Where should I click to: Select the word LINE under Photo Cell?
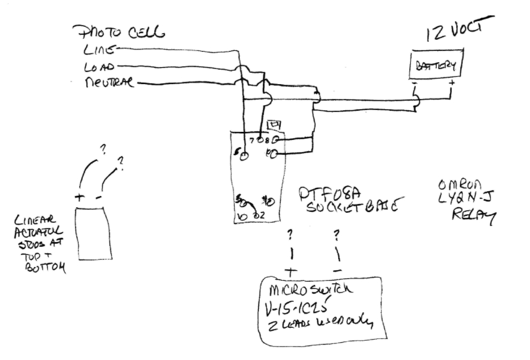click(99, 50)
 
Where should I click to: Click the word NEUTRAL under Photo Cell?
click(109, 84)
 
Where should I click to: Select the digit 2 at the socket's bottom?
click(262, 216)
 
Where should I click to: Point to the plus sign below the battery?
click(452, 84)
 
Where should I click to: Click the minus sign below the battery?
click(414, 84)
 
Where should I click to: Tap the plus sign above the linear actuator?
click(80, 197)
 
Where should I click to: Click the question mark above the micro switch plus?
click(290, 235)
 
